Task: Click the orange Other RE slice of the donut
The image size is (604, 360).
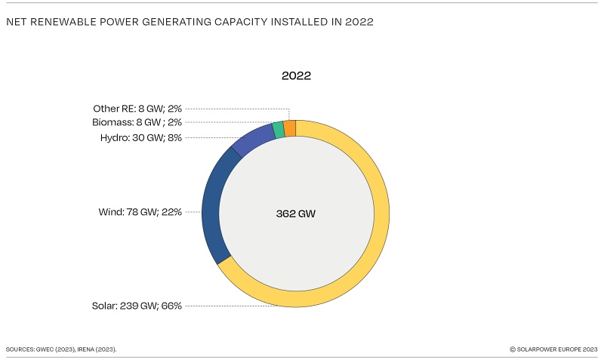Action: click(x=290, y=128)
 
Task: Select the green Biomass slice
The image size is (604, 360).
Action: click(x=279, y=130)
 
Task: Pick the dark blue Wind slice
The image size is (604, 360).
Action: click(x=213, y=204)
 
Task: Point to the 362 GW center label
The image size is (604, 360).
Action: click(x=296, y=214)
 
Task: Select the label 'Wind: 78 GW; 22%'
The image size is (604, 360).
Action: click(x=141, y=212)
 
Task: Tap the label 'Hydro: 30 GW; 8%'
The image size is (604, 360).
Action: click(x=141, y=137)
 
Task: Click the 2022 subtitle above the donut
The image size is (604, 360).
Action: click(x=296, y=75)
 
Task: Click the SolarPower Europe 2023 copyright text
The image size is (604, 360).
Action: click(x=553, y=349)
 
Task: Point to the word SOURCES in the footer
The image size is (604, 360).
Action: click(x=21, y=349)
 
